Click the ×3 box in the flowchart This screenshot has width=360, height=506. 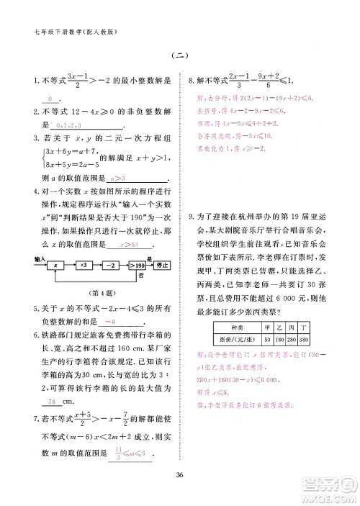click(x=84, y=266)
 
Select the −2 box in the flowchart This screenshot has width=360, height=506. click(x=111, y=266)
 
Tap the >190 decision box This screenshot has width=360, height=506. click(x=137, y=266)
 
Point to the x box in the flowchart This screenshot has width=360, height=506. click(x=55, y=266)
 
